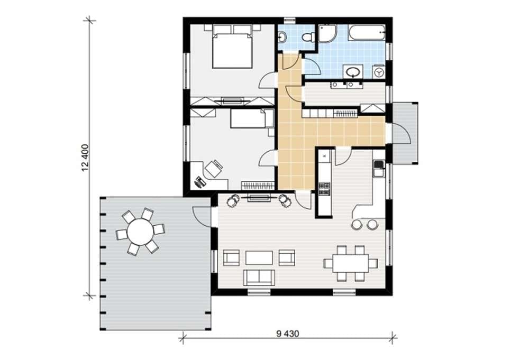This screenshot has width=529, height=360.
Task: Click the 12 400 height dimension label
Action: tap(85, 158)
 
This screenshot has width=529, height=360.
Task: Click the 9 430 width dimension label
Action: tap(288, 334)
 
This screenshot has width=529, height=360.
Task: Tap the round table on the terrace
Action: tap(140, 231)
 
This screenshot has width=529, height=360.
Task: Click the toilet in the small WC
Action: tap(308, 37)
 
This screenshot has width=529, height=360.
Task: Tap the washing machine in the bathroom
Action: tap(379, 71)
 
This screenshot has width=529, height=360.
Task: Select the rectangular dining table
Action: tap(350, 263)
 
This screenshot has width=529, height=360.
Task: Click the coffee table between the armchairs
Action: tap(259, 257)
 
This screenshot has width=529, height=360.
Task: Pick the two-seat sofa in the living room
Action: tap(259, 277)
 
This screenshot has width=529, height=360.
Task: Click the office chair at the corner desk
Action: tap(214, 168)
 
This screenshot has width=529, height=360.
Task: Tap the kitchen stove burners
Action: tap(325, 188)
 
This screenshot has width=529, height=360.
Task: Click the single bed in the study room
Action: tap(252, 118)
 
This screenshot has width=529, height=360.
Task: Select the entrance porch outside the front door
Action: tap(404, 133)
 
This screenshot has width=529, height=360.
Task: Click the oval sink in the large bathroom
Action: tap(353, 72)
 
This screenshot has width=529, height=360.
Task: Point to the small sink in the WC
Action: tap(281, 37)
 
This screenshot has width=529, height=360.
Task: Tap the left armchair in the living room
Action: tap(232, 258)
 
